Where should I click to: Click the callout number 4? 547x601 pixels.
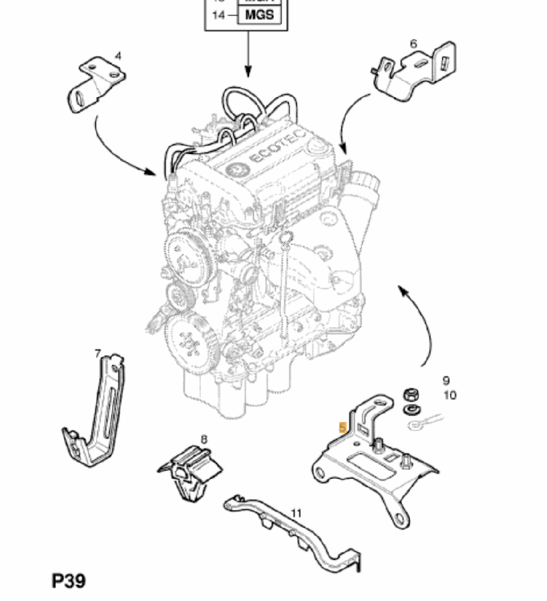tap(118, 56)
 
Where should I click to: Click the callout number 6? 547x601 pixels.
tap(413, 43)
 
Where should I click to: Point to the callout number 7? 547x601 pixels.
tap(97, 354)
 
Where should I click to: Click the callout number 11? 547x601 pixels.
tap(297, 513)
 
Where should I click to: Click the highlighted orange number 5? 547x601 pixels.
tap(342, 428)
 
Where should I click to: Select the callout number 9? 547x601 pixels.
tap(446, 380)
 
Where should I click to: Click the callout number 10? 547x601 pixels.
tap(449, 395)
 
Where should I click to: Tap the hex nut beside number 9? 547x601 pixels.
tap(411, 394)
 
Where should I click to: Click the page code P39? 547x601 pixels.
tap(68, 580)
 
